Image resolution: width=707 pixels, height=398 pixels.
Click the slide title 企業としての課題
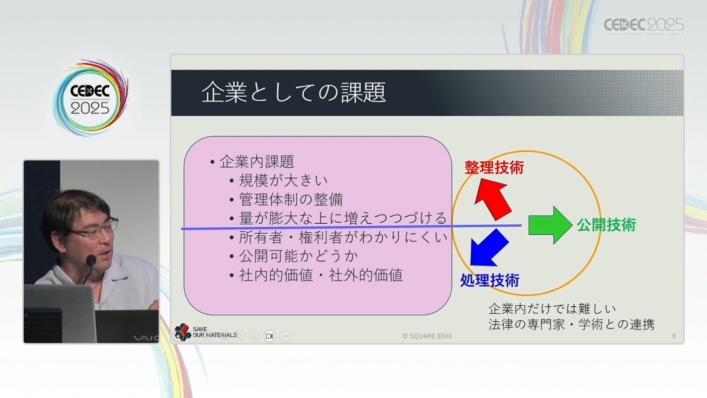click(294, 92)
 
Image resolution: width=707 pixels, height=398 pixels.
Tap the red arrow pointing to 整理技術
click(492, 199)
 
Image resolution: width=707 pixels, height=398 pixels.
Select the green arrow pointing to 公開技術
click(551, 225)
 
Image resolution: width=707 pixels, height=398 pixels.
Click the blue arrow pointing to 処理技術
click(489, 248)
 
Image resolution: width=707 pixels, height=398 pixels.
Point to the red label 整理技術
click(494, 167)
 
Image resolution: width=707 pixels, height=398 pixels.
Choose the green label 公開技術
click(606, 225)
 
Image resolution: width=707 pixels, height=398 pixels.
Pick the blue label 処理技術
click(490, 280)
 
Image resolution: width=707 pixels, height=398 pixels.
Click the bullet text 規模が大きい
click(283, 180)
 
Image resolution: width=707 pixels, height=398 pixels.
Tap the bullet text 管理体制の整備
click(291, 200)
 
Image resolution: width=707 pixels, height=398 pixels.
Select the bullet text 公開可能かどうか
click(298, 256)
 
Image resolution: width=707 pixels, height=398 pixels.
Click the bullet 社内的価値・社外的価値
click(321, 275)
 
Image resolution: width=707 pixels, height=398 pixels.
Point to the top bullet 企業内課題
click(256, 162)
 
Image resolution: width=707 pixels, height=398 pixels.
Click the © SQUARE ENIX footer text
click(427, 337)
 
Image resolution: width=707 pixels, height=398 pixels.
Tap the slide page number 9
click(674, 336)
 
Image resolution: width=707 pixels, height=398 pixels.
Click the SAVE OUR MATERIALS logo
click(205, 332)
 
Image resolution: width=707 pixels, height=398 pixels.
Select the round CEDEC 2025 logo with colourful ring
click(91, 98)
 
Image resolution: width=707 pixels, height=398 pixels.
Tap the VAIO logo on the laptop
click(145, 339)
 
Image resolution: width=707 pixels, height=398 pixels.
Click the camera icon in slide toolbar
click(270, 336)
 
